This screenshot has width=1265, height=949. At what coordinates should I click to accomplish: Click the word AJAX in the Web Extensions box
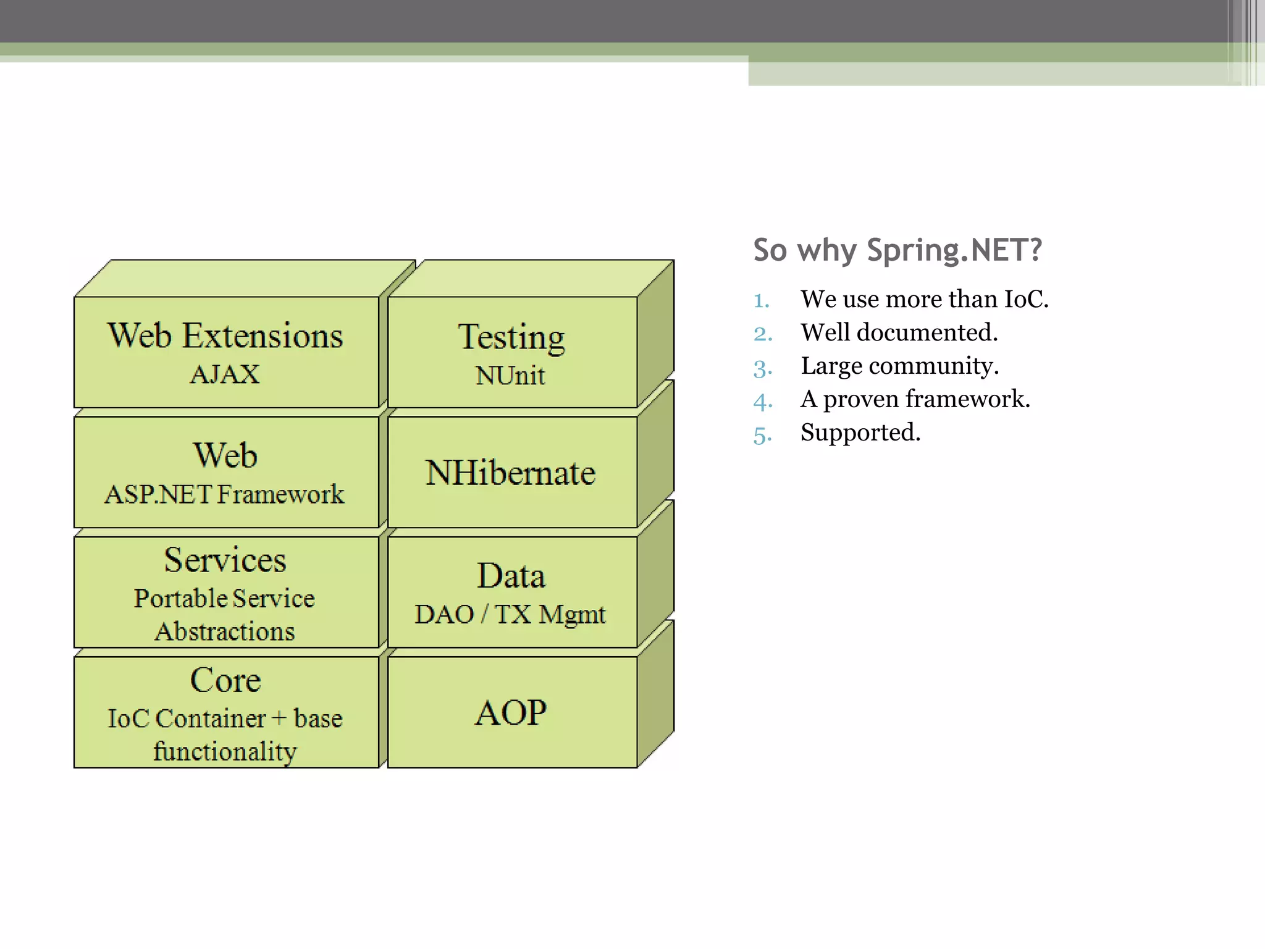point(225,374)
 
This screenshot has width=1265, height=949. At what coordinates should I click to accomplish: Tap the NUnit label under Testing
point(510,376)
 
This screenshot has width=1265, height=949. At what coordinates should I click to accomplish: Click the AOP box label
point(510,712)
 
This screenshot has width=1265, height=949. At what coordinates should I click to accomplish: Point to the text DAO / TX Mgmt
point(510,614)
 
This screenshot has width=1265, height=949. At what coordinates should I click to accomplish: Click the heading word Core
point(225,680)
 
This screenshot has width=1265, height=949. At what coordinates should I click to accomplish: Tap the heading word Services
point(225,560)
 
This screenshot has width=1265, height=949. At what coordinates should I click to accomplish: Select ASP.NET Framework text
point(224,494)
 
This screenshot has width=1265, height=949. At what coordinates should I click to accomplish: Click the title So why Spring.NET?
point(897,250)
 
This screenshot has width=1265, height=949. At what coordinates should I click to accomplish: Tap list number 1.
point(761,301)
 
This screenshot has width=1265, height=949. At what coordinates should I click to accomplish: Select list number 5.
point(762,435)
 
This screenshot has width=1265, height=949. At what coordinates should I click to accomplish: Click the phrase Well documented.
point(899,332)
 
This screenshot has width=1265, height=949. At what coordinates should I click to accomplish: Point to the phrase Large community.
point(899,366)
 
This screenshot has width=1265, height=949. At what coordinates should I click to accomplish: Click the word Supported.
point(860,432)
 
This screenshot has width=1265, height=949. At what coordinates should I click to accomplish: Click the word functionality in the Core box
point(225,751)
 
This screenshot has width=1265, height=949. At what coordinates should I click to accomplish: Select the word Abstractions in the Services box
point(225,631)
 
